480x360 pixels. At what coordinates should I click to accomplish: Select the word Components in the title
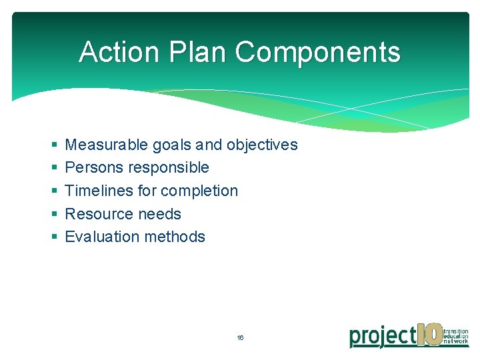(318, 52)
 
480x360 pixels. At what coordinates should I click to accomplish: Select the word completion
(199, 191)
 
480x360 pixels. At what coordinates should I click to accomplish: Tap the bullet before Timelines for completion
(53, 191)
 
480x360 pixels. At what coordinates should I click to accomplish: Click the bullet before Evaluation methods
(53, 237)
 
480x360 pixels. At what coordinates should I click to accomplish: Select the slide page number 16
(240, 338)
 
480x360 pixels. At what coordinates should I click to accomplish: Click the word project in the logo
(383, 336)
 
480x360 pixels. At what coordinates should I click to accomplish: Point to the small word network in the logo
(456, 343)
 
